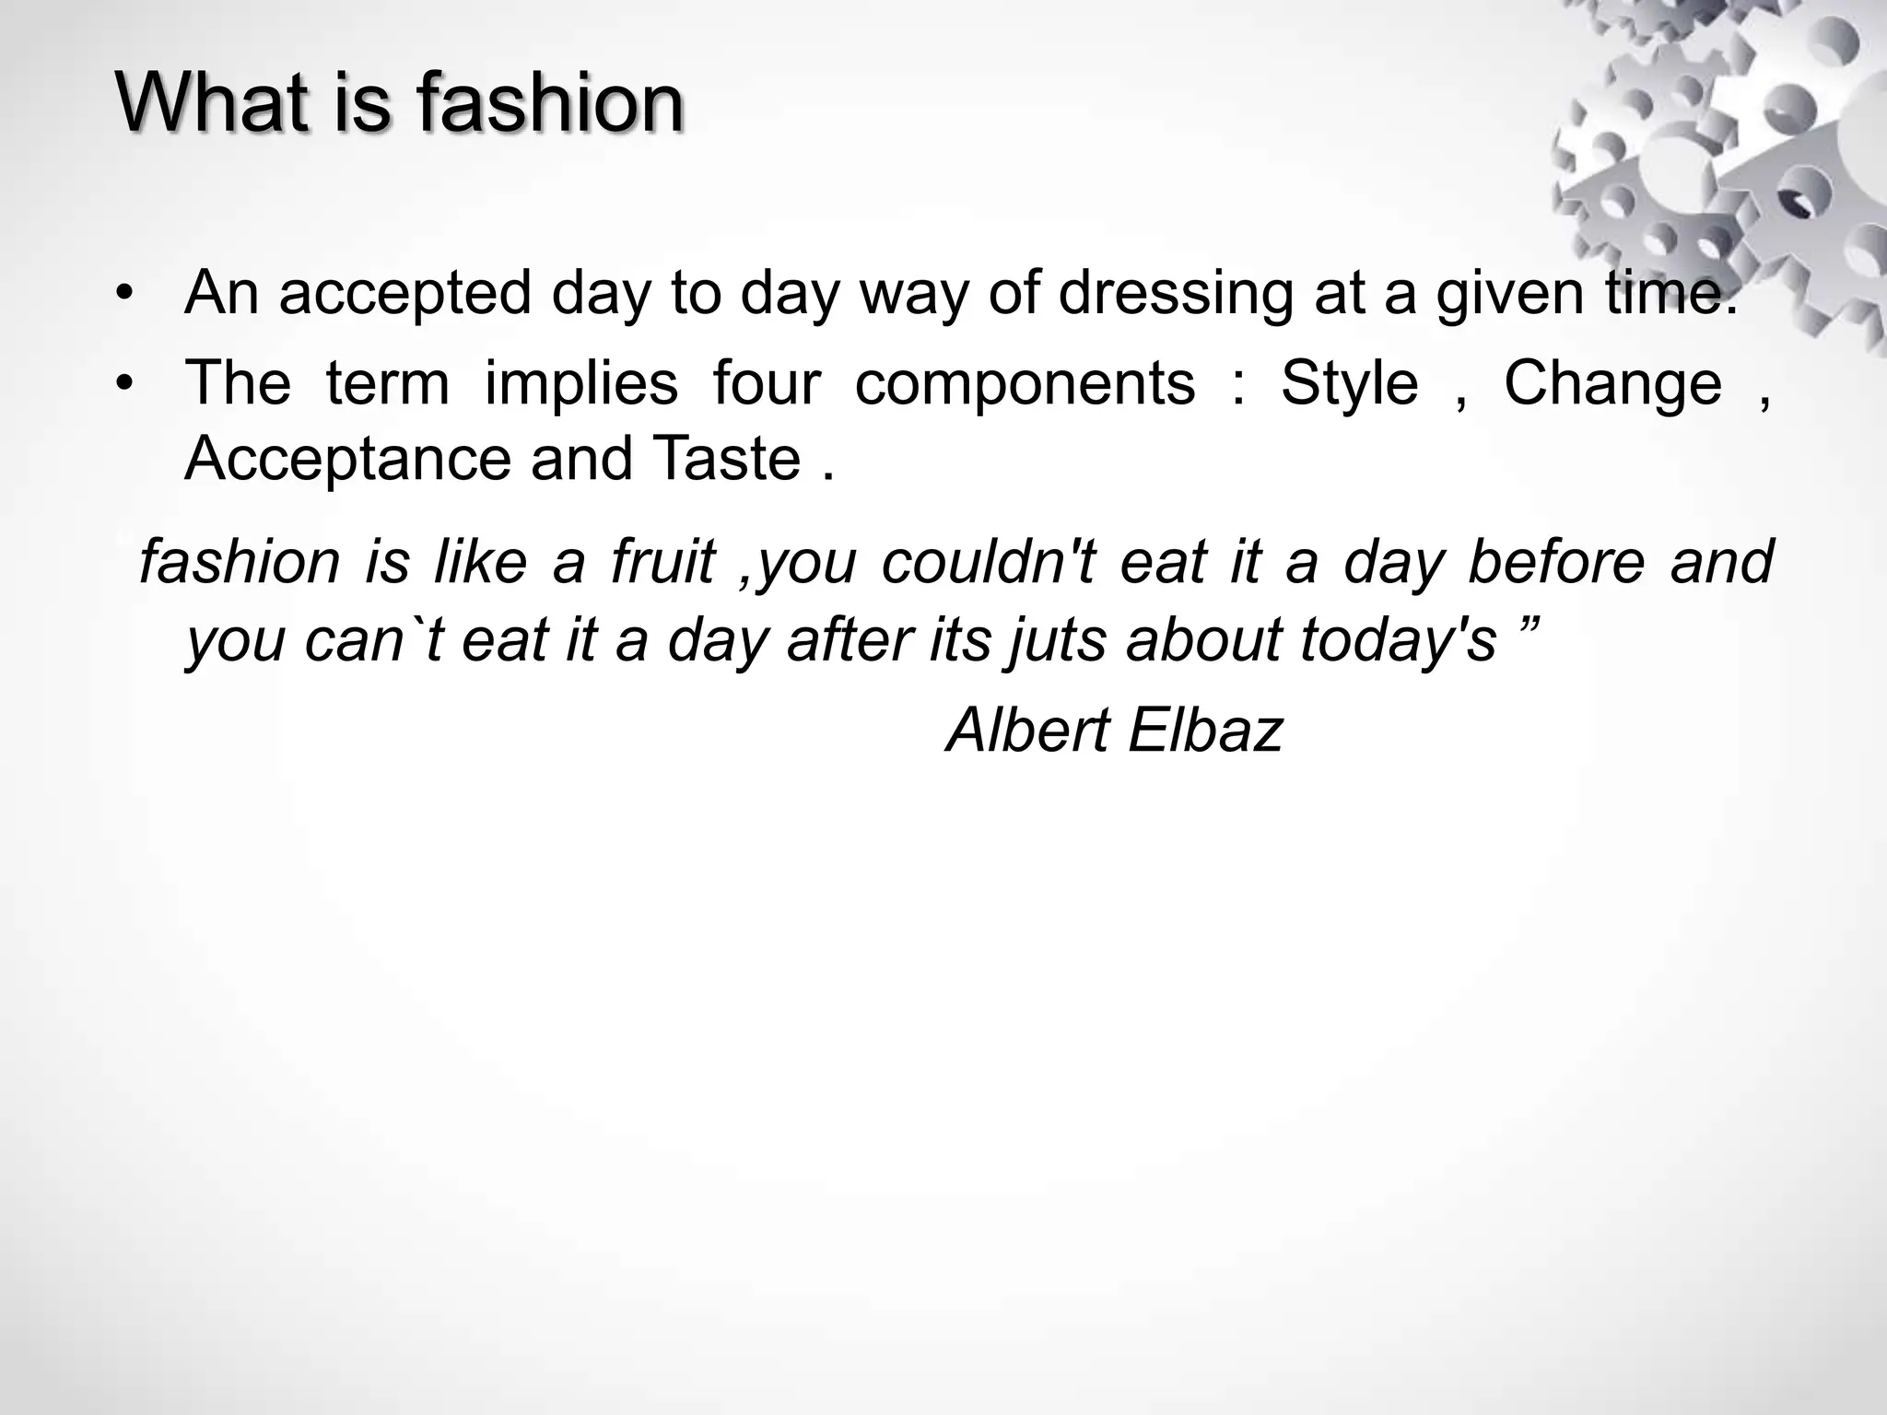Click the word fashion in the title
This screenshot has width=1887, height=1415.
[549, 103]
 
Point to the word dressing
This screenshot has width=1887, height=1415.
[1174, 296]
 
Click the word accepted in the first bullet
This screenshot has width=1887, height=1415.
[404, 296]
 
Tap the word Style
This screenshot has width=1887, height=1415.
[1349, 383]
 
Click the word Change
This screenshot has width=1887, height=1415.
[1612, 383]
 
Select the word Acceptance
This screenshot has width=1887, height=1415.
[347, 459]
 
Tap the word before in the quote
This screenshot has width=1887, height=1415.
[1555, 561]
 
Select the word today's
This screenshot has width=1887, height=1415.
[1397, 639]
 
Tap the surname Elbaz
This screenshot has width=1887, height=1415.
[1204, 731]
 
